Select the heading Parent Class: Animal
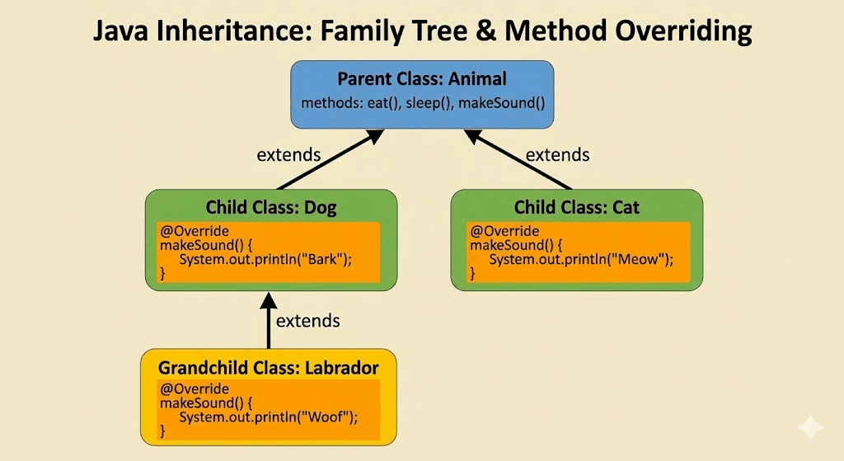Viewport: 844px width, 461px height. tap(422, 80)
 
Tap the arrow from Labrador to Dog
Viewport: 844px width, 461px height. tap(268, 322)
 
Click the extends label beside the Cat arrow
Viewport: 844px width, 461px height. tap(557, 154)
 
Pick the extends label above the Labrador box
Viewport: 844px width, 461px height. tap(307, 321)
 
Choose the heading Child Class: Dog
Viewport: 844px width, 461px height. tap(271, 206)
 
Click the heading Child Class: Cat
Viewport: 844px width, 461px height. tap(576, 206)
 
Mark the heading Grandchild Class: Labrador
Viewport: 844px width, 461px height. tap(268, 367)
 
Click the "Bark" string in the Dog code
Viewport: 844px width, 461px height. tap(328, 259)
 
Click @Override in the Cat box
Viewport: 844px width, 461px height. tap(504, 231)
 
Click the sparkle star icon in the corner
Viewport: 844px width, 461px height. tap(809, 428)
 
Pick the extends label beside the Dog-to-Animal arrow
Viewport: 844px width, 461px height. tap(288, 154)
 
